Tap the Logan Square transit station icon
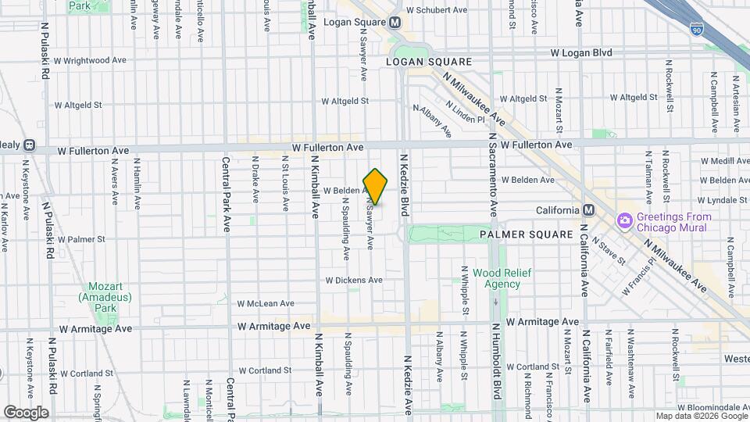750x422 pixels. pyautogui.click(x=395, y=23)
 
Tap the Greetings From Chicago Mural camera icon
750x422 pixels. pyautogui.click(x=624, y=222)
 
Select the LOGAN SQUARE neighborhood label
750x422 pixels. pyautogui.click(x=429, y=61)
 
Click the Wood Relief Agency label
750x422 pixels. pyautogui.click(x=496, y=279)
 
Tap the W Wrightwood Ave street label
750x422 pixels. pyautogui.click(x=91, y=60)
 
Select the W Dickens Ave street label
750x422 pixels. pyautogui.click(x=354, y=280)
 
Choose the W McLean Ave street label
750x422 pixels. pyautogui.click(x=266, y=303)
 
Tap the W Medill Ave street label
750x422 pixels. pyautogui.click(x=725, y=160)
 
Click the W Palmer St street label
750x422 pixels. pyautogui.click(x=81, y=239)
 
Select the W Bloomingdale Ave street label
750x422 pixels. pyautogui.click(x=714, y=408)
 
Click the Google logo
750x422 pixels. pyautogui.click(x=26, y=413)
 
